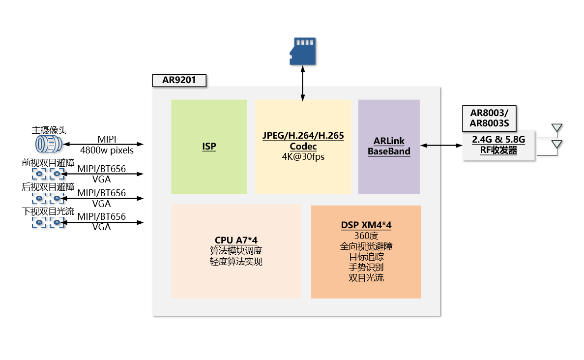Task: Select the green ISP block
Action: pos(209,147)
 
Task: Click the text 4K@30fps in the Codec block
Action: pos(303,157)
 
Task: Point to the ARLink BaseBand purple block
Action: pos(389,146)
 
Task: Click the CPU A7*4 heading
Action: pos(236,240)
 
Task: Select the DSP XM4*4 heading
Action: pos(366,225)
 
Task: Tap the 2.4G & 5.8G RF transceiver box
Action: pos(498,145)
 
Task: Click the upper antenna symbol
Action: pos(556,129)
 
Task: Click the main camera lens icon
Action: pos(49,144)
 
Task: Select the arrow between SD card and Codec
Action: pos(302,84)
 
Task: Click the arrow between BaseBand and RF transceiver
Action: pos(441,145)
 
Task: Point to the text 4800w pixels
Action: pos(107,150)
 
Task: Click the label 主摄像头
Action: pos(49,130)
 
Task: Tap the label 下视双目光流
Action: pos(48,212)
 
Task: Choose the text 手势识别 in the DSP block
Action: pos(366,267)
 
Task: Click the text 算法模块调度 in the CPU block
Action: pos(236,250)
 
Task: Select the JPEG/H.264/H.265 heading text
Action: pos(303,136)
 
